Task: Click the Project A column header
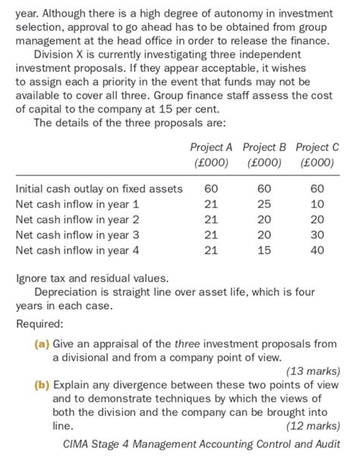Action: (x=213, y=147)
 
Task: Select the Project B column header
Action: (x=265, y=147)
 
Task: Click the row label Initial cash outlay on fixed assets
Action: (x=99, y=188)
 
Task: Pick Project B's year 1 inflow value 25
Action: (x=264, y=204)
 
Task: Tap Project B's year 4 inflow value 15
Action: (x=264, y=250)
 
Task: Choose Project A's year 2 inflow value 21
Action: (x=211, y=219)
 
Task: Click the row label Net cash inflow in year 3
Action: (x=77, y=235)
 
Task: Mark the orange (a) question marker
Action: (x=42, y=344)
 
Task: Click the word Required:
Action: (x=40, y=324)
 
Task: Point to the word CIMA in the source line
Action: (x=79, y=444)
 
